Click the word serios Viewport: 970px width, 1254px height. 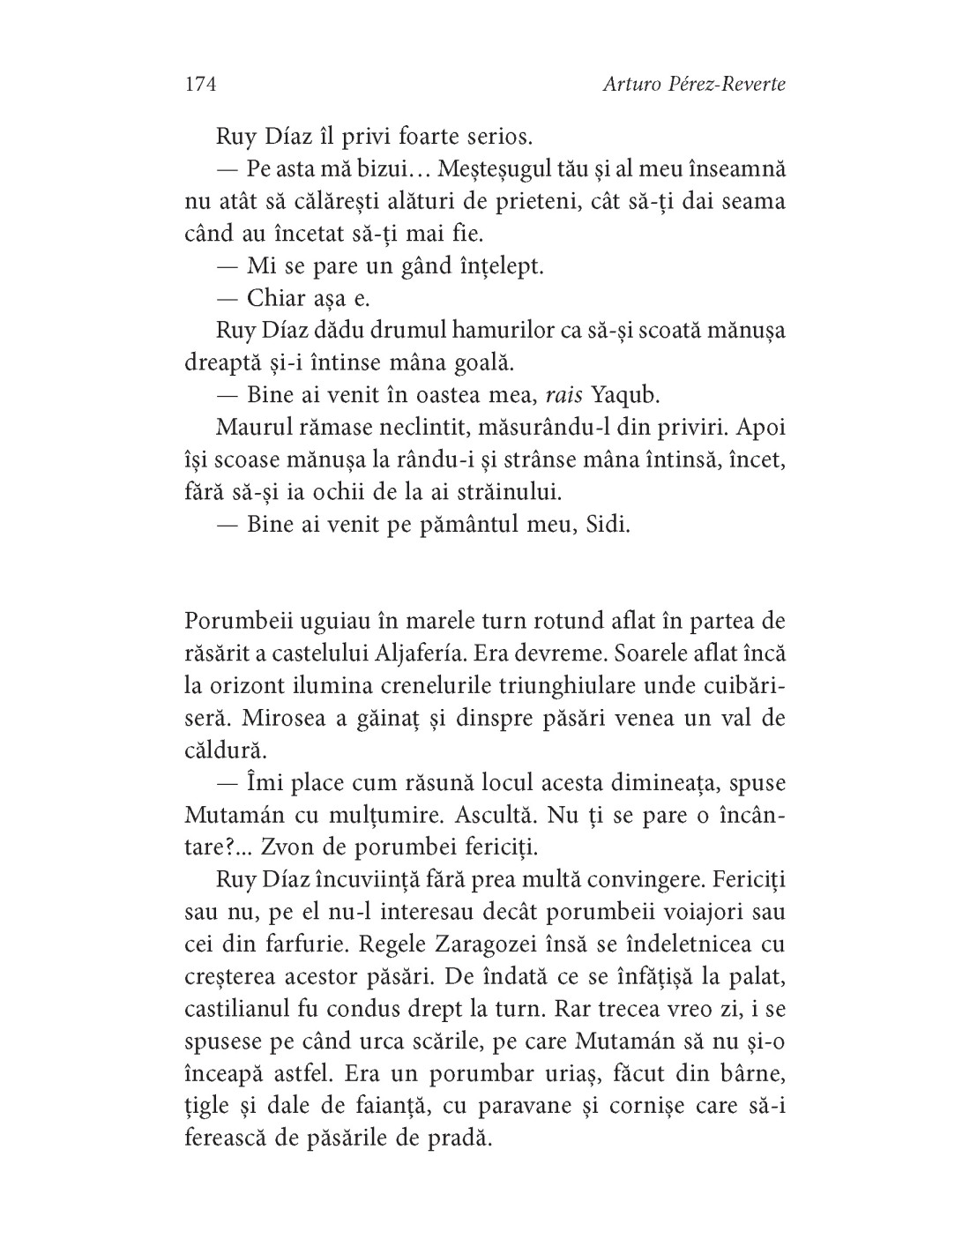tap(498, 138)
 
